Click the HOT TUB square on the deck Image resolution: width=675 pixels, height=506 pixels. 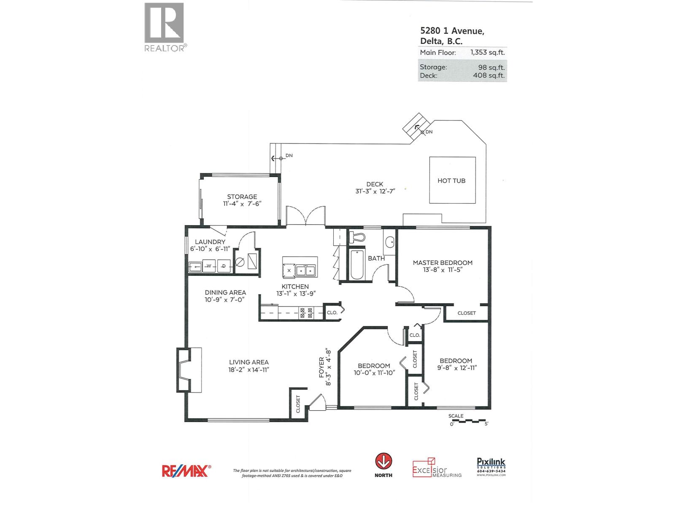(x=452, y=180)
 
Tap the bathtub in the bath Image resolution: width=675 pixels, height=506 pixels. (x=357, y=264)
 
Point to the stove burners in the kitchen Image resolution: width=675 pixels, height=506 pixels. (x=306, y=312)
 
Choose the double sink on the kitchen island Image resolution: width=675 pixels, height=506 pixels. (x=306, y=270)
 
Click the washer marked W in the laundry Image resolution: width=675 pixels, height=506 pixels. (x=209, y=266)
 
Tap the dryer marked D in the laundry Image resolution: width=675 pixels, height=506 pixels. (x=224, y=266)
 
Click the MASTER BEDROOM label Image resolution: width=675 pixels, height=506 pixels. (x=443, y=263)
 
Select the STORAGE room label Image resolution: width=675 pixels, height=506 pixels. (x=242, y=196)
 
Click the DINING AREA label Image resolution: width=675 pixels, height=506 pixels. (x=225, y=292)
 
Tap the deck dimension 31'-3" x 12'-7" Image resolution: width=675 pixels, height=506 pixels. (x=375, y=191)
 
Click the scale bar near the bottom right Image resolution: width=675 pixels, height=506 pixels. (x=469, y=421)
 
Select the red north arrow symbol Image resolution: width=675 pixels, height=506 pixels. (x=383, y=461)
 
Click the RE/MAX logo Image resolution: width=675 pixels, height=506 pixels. (x=186, y=471)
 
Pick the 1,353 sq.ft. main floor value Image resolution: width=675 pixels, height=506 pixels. (x=487, y=53)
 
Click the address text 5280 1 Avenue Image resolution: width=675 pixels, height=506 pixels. (x=452, y=31)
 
